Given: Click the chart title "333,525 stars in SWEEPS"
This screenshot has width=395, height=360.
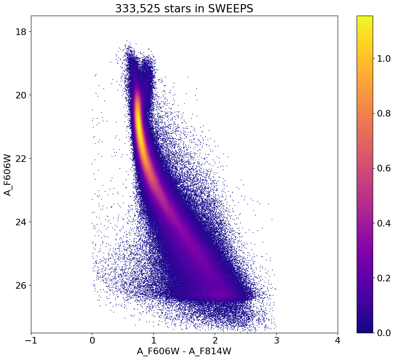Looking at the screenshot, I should pos(184,8).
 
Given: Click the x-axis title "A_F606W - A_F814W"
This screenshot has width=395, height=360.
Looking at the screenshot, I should pos(184,351).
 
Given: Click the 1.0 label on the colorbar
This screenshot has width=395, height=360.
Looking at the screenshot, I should pos(384,59).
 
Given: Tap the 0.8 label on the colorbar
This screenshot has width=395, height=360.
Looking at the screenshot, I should pos(384,114).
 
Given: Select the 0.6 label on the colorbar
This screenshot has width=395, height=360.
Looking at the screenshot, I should pos(384,168).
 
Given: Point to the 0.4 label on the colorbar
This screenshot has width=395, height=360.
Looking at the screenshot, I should pos(384,223).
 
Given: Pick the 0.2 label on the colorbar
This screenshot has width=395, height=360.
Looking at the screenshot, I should pos(384,278).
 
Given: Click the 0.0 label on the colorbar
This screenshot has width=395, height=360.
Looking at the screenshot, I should pos(384,333).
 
